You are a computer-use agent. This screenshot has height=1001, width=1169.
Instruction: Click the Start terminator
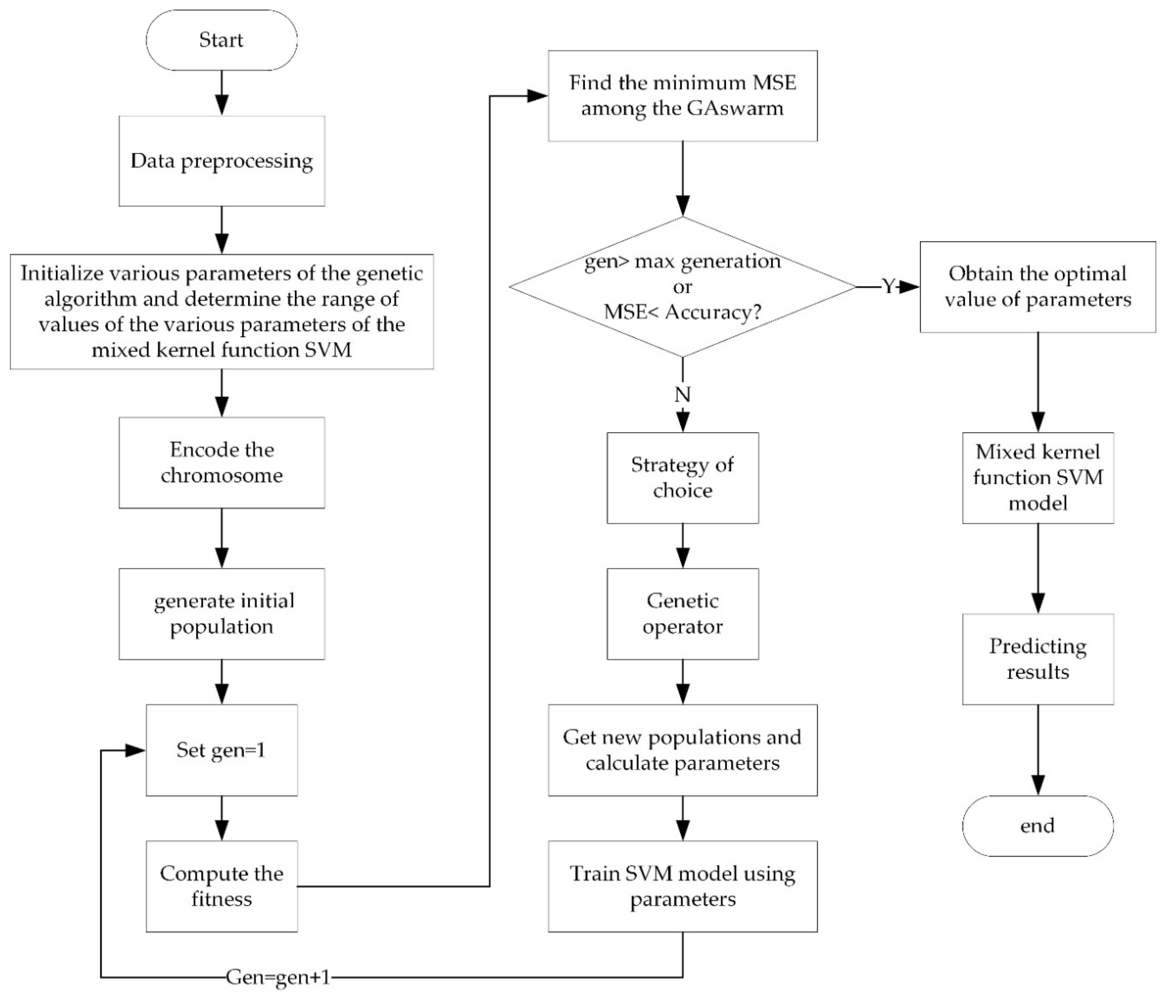coord(221,40)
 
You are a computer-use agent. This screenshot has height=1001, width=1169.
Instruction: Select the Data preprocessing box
coord(221,161)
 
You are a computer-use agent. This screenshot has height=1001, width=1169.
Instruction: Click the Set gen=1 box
coord(221,750)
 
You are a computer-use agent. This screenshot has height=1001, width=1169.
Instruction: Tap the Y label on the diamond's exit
coord(888,287)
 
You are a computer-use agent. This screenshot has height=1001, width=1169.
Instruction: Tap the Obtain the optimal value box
coord(1037,287)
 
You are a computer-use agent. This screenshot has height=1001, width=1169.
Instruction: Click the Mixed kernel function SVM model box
coord(1037,477)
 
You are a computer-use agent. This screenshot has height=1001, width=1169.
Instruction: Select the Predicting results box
coord(1037,658)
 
